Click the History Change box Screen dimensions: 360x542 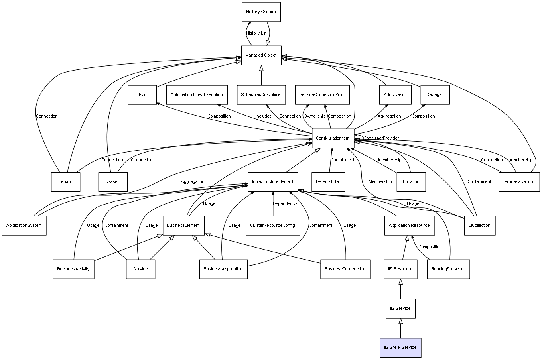(x=261, y=12)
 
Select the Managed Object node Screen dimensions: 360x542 (x=261, y=55)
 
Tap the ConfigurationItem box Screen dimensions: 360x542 (x=333, y=138)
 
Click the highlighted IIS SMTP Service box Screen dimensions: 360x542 (x=400, y=348)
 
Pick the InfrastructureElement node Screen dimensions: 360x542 (x=273, y=182)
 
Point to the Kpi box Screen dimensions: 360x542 (x=142, y=95)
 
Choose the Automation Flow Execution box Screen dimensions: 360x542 (x=197, y=95)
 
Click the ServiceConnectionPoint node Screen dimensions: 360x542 (x=322, y=95)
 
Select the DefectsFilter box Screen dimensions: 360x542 (x=328, y=182)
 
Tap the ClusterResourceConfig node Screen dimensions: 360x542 (x=273, y=226)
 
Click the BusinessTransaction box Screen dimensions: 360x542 (x=345, y=269)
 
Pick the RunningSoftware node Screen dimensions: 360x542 (x=448, y=269)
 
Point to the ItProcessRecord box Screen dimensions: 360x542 (x=519, y=182)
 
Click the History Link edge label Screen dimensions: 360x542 (x=257, y=33)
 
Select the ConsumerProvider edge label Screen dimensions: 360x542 (x=381, y=138)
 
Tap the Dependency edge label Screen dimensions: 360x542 (x=285, y=204)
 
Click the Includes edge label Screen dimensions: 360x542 (x=264, y=116)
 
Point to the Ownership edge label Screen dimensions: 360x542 (x=314, y=116)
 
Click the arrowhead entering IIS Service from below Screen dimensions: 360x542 (x=401, y=321)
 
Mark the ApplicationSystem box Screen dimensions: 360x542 (x=24, y=226)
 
